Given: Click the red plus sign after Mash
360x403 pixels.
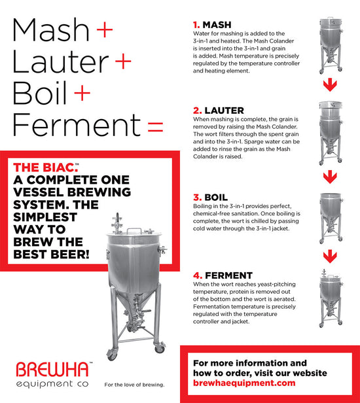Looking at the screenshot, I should coord(103,29).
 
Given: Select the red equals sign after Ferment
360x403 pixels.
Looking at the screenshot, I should coord(155,126).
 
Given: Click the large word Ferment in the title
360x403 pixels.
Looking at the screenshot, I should coord(75,124).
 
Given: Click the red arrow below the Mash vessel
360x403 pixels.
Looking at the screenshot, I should coord(333,85).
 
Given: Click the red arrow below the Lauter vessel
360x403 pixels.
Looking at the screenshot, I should coord(333,176).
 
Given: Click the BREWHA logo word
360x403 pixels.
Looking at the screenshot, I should coord(54,368).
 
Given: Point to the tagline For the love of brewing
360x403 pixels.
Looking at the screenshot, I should coord(134,384).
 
